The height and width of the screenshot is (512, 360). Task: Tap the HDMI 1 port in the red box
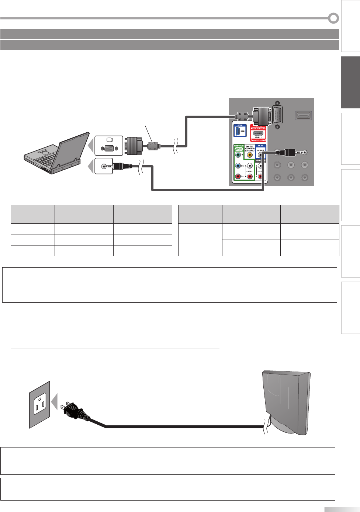click(258, 133)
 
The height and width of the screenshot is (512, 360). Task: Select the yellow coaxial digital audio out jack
click(250, 155)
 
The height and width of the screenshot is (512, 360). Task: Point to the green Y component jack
click(238, 155)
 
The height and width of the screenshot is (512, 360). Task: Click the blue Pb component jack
click(238, 166)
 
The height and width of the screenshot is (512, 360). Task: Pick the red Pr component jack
click(238, 177)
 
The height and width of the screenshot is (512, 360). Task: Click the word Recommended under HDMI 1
click(258, 140)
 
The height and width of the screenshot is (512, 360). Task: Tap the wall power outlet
click(39, 404)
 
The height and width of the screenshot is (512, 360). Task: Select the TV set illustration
click(286, 402)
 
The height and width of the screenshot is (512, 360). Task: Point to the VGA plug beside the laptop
click(134, 146)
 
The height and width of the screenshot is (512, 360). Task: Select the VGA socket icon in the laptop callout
click(109, 148)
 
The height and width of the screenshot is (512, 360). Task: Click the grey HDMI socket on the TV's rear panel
click(304, 115)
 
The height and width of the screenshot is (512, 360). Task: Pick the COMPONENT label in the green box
click(239, 146)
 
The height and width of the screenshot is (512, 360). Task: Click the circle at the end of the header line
click(333, 18)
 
